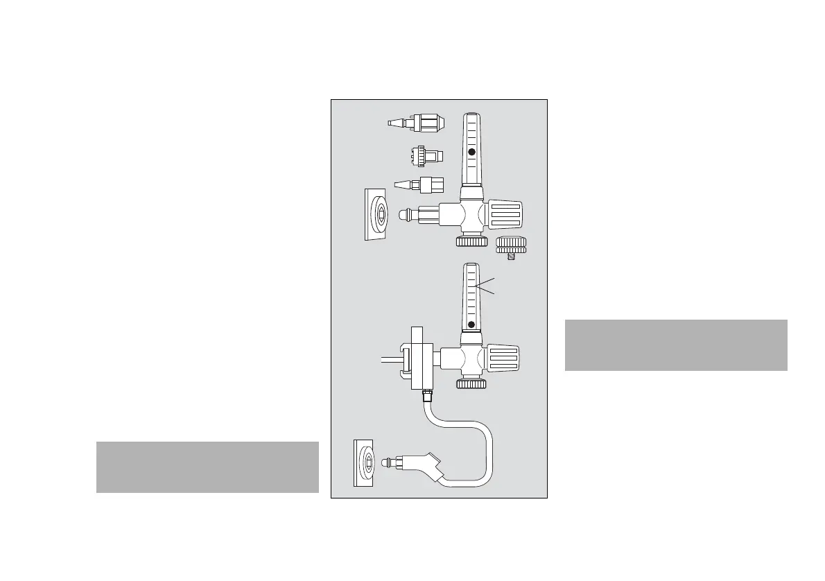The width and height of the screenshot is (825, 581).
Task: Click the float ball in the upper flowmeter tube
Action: point(471,152)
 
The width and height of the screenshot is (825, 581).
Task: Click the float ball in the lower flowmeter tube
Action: point(471,324)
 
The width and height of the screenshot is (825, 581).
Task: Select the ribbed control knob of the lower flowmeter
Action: point(504,358)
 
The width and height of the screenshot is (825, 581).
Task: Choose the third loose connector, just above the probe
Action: point(419,185)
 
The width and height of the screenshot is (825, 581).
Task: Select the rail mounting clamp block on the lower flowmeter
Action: point(420,358)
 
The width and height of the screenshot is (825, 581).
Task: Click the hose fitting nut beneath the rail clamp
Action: point(428,397)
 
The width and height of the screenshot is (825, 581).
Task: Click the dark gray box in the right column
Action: point(676,345)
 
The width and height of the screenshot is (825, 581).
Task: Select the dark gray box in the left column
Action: point(207,467)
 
